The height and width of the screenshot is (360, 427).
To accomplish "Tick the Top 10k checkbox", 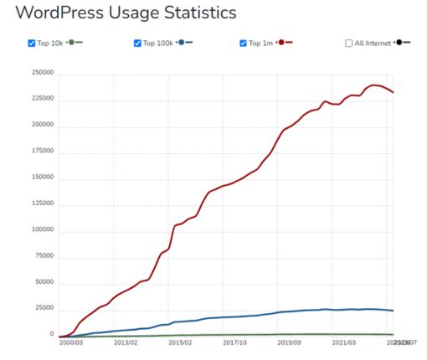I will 32,43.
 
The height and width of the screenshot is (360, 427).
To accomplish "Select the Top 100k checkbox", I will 137,43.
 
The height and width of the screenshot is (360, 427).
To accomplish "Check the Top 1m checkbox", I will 244,43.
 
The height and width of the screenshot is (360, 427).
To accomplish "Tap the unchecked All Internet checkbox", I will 349,43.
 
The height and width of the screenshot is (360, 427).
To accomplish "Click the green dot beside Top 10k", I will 72,42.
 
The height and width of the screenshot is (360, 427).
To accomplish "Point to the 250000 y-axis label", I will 44,73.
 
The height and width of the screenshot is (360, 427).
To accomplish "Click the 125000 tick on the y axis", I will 44,203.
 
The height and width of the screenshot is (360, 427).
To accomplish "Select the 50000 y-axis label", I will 45,282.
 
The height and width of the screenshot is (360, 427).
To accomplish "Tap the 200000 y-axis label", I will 44,125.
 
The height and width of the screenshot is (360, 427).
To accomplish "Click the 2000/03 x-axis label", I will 71,342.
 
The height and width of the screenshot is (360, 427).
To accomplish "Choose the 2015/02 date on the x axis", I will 181,342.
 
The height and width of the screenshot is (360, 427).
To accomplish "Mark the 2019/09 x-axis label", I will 291,342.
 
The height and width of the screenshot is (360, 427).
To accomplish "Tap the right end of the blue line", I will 393,311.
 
